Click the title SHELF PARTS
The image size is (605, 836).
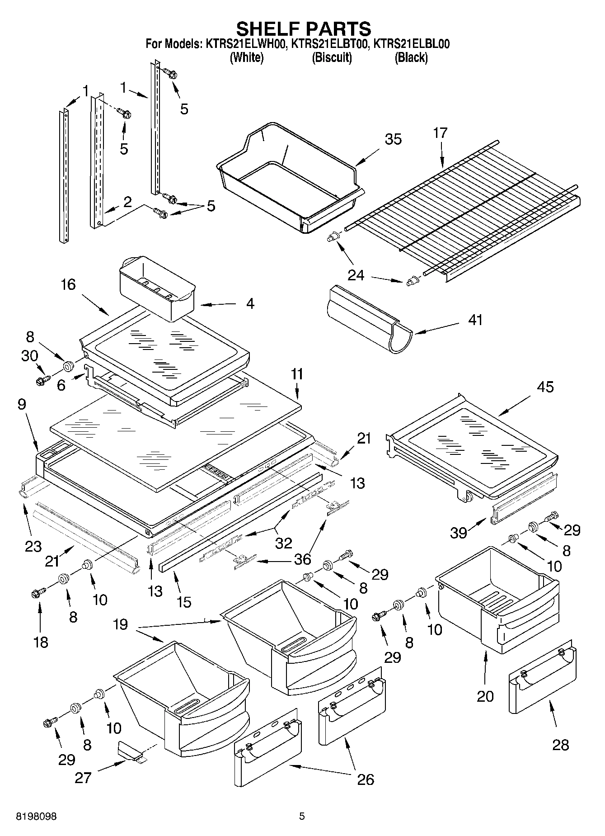[x=303, y=29]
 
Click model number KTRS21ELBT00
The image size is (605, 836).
[x=330, y=44]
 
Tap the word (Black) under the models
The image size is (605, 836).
[x=411, y=57]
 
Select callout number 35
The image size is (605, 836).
[x=393, y=139]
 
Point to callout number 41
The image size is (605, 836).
[x=475, y=320]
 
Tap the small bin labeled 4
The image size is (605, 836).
[x=156, y=289]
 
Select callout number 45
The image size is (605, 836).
[x=545, y=387]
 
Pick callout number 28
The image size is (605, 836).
[x=560, y=745]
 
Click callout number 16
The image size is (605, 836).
[x=68, y=285]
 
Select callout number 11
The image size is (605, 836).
[x=297, y=374]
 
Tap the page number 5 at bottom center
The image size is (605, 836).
[x=302, y=817]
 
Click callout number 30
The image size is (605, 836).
[x=29, y=356]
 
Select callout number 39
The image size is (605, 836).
[x=459, y=533]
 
